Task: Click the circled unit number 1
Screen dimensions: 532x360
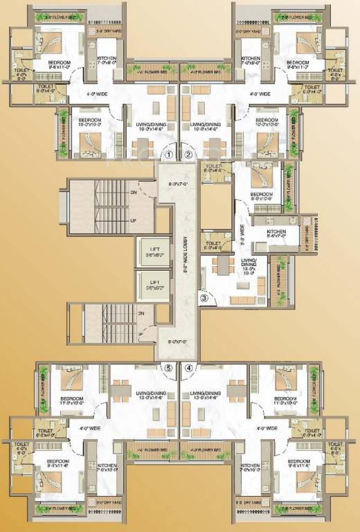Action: tap(167, 155)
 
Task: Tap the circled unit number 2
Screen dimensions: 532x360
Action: tap(188, 155)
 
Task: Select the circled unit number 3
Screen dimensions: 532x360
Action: tap(204, 299)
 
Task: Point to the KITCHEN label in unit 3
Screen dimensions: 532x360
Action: tap(276, 233)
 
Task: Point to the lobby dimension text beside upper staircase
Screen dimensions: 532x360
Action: tap(178, 184)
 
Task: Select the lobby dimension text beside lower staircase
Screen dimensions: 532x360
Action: tap(178, 341)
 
